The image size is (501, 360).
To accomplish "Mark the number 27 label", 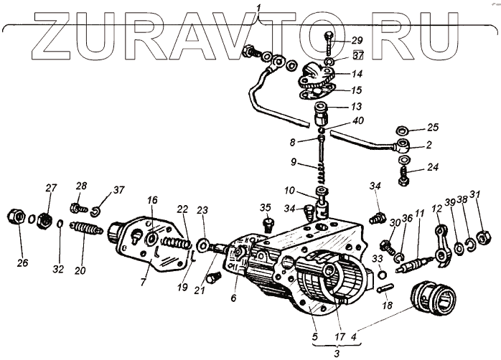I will click(x=51, y=188).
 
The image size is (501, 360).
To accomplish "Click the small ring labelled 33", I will click(x=382, y=273).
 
